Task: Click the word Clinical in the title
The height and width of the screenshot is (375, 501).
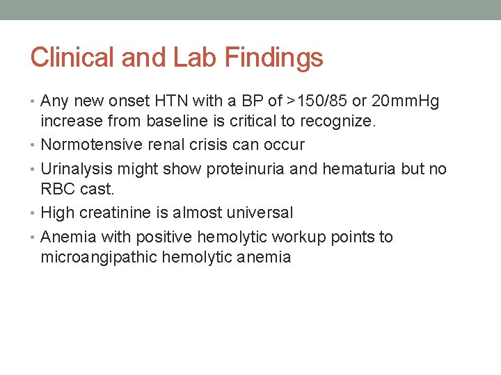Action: [73, 57]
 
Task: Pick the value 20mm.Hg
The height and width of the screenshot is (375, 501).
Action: [406, 101]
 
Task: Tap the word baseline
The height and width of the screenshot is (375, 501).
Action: [172, 123]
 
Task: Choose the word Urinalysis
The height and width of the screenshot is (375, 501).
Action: [77, 169]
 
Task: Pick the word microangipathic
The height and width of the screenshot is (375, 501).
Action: [99, 258]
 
